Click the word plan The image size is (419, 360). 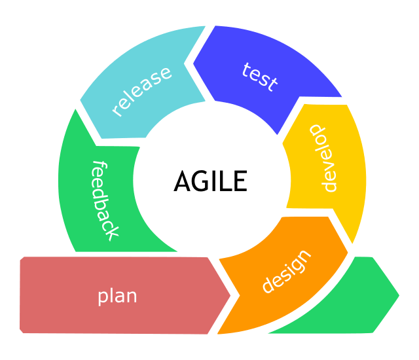(117, 296)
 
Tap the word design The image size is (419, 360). (286, 272)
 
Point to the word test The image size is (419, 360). (259, 77)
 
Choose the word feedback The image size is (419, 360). (104, 200)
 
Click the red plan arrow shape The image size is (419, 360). (65, 295)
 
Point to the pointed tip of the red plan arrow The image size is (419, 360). (230, 295)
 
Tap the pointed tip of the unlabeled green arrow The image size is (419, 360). (398, 295)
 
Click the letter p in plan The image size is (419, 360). (103, 297)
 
